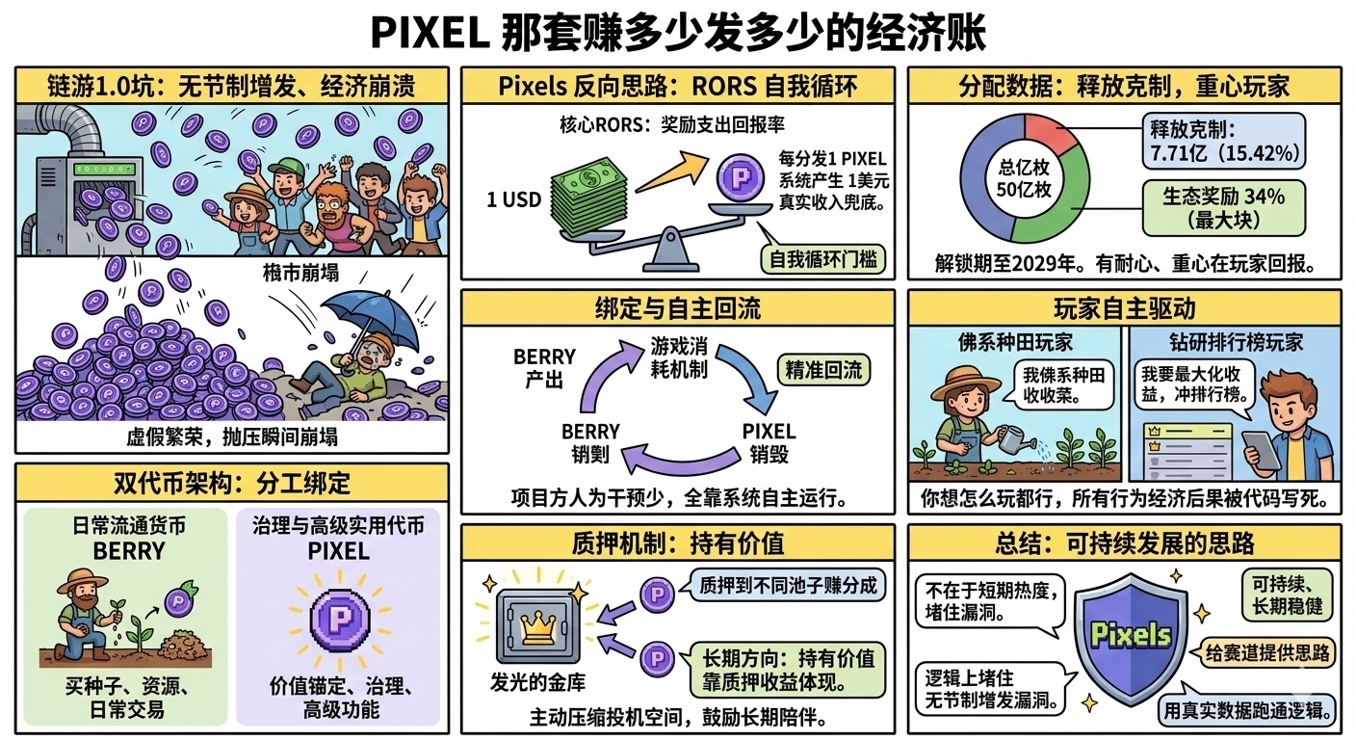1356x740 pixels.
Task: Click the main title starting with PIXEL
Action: tap(678, 33)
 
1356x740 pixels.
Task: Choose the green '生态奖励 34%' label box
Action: tap(1223, 205)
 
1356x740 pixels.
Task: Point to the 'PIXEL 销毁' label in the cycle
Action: tap(769, 442)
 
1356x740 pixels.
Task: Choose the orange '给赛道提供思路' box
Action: tap(1268, 653)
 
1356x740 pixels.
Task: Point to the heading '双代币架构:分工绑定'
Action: tap(232, 482)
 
